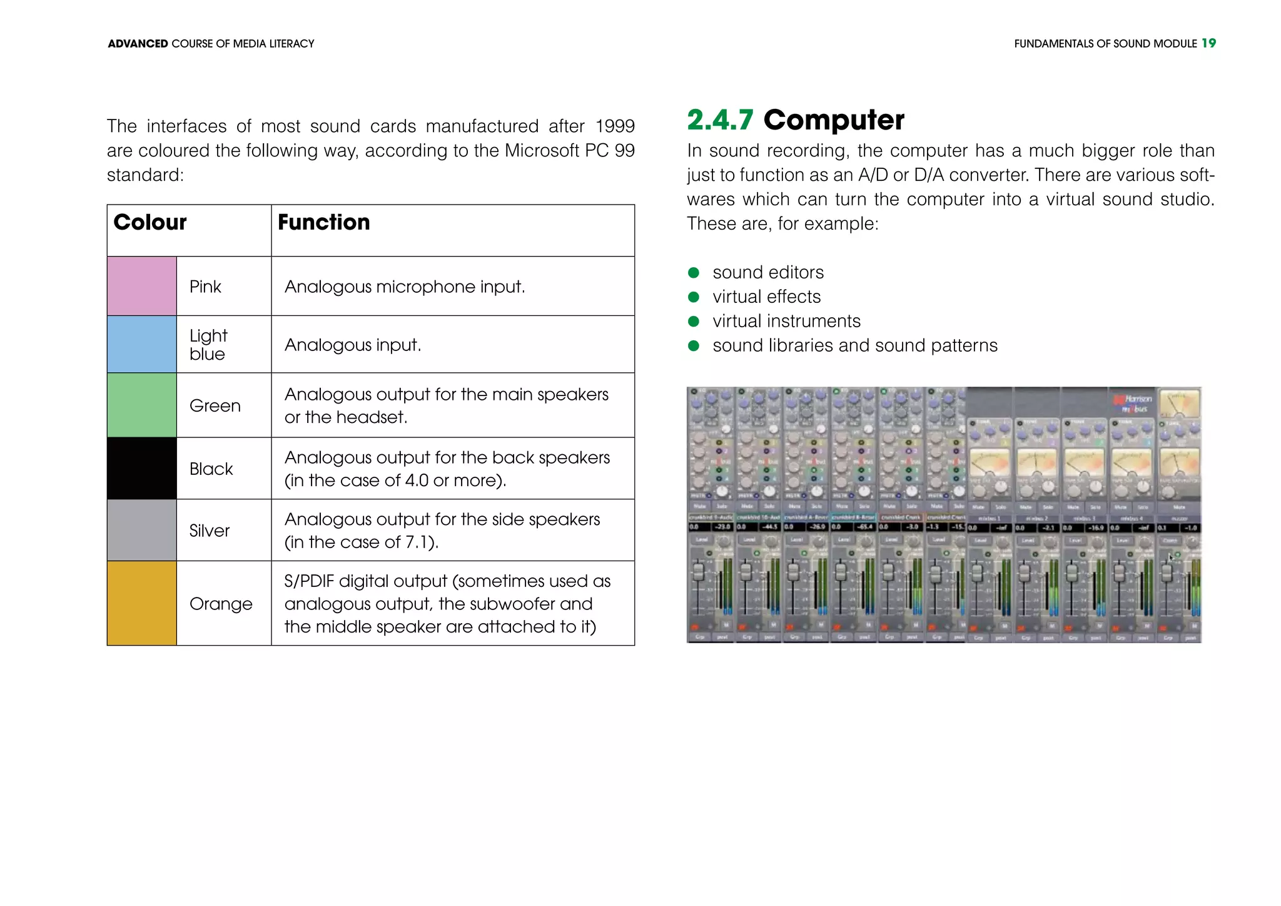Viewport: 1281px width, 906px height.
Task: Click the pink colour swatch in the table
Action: coord(142,286)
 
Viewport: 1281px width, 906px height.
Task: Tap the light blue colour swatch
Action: coord(142,344)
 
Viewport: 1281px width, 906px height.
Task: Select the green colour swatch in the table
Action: coord(142,405)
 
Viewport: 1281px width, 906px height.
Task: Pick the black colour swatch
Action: coord(142,468)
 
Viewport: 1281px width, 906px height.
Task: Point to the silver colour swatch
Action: coord(142,530)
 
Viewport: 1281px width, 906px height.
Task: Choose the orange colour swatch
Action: coord(142,603)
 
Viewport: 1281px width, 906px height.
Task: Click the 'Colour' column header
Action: coord(150,223)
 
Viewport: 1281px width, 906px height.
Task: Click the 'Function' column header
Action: coord(324,223)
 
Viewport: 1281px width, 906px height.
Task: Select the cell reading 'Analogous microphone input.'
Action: coord(405,287)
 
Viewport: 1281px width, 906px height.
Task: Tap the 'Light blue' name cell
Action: coord(208,345)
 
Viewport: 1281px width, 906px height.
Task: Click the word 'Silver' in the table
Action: coord(210,531)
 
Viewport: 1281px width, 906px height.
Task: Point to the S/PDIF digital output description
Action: coord(447,604)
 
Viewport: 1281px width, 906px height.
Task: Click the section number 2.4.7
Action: coord(720,120)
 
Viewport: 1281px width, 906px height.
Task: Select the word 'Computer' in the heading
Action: coord(834,120)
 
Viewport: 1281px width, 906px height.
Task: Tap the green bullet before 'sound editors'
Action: coord(693,273)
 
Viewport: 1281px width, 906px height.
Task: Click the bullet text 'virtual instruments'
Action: coord(786,321)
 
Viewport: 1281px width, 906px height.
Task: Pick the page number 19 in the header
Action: coord(1208,43)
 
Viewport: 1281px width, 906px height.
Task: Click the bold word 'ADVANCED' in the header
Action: coord(138,44)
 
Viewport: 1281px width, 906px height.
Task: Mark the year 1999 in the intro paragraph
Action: coord(614,126)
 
